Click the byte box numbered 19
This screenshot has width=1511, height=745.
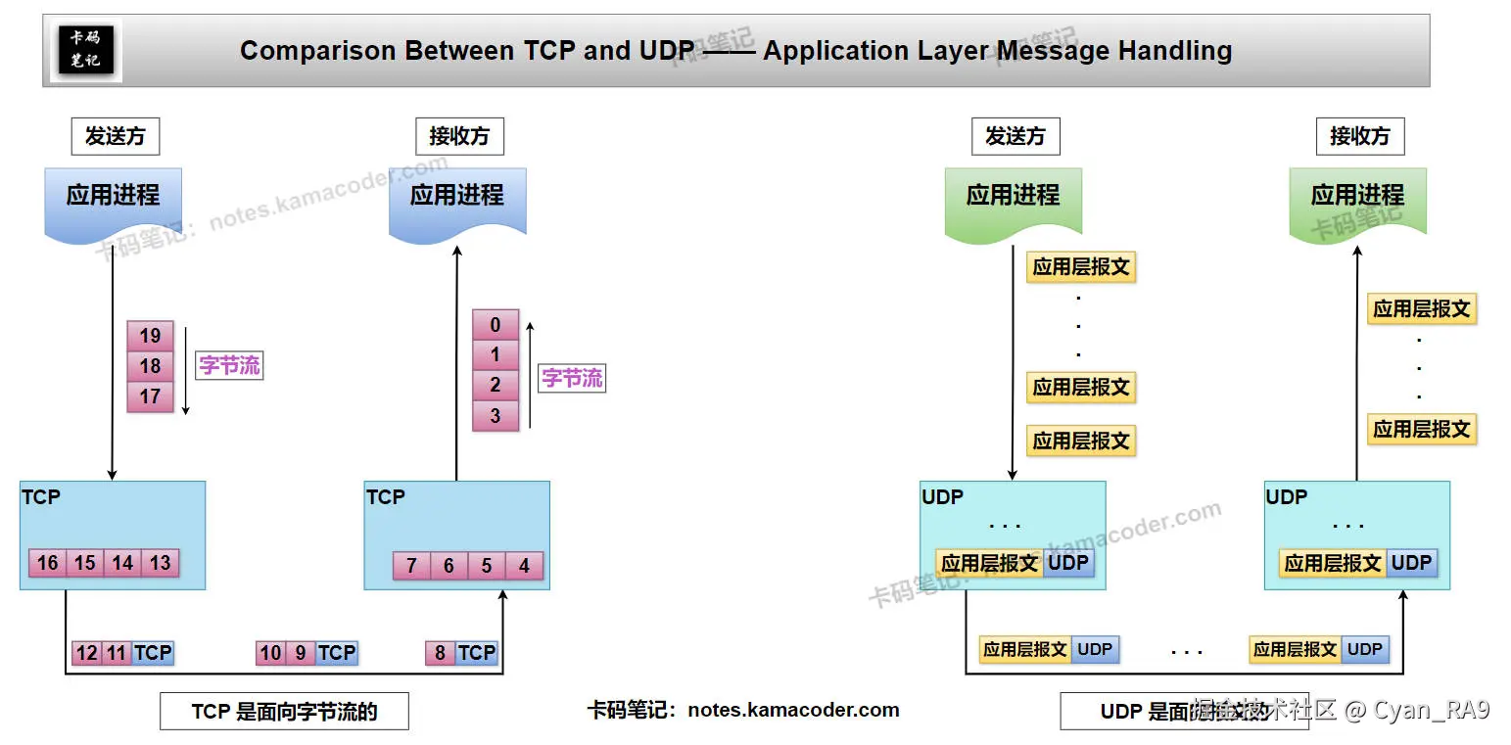tap(150, 336)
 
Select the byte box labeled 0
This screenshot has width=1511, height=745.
tap(496, 325)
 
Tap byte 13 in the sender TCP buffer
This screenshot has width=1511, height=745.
tap(161, 563)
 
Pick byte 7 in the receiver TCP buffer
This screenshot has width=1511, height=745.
tap(411, 566)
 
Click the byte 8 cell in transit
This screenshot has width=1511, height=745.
tap(440, 653)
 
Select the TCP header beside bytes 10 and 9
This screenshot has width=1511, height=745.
tap(337, 653)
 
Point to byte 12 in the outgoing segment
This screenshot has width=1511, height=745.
tap(87, 653)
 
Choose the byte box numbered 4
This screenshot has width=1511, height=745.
tap(524, 566)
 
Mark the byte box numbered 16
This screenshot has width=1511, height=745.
tap(47, 563)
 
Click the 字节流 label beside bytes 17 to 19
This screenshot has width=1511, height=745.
tap(229, 365)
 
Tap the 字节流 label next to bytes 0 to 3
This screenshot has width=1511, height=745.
tap(572, 378)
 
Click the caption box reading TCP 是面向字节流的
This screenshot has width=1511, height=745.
tap(284, 712)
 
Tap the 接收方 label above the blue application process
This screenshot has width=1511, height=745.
tap(458, 136)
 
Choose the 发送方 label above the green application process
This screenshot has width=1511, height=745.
tap(1015, 136)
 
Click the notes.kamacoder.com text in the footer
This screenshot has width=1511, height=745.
tap(793, 710)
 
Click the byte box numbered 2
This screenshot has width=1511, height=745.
tap(496, 385)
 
